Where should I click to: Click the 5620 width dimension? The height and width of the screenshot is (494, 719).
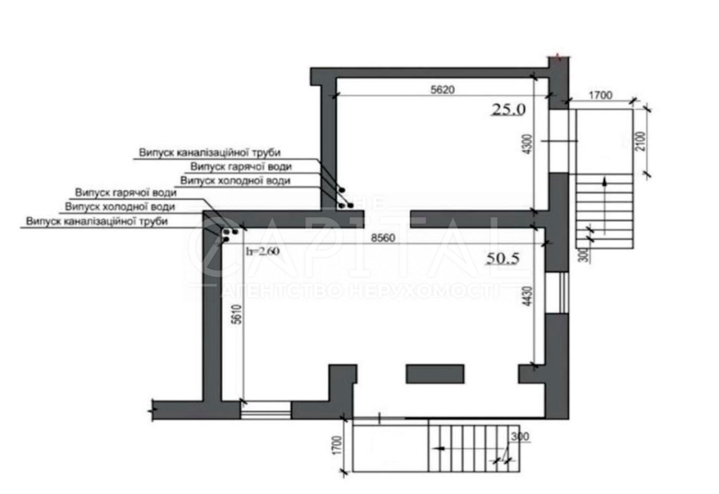[x=443, y=89]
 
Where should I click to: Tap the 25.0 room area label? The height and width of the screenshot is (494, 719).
[x=509, y=110]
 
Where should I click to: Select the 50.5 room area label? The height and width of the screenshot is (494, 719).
[x=503, y=258]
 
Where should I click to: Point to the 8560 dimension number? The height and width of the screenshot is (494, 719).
[x=383, y=238]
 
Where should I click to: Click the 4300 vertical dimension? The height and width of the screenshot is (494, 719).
[x=527, y=145]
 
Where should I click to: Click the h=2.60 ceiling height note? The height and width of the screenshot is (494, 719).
[x=262, y=251]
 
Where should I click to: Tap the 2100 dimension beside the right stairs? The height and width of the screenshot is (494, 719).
[x=640, y=141]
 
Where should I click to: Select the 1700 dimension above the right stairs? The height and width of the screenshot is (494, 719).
[x=600, y=95]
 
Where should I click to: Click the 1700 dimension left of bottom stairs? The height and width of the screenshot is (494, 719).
[x=337, y=445]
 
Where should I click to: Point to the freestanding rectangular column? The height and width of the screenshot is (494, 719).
[x=435, y=374]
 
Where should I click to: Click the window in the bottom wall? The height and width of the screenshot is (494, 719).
[x=266, y=410]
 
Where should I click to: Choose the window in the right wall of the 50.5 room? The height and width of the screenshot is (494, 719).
[x=557, y=293]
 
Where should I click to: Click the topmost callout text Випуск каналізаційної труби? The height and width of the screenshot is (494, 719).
[x=210, y=153]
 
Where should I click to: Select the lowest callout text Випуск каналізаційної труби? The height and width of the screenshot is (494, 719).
[x=97, y=221]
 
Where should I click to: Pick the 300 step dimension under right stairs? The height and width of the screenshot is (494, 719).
[x=585, y=255]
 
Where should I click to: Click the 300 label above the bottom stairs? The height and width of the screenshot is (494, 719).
[x=520, y=436]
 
